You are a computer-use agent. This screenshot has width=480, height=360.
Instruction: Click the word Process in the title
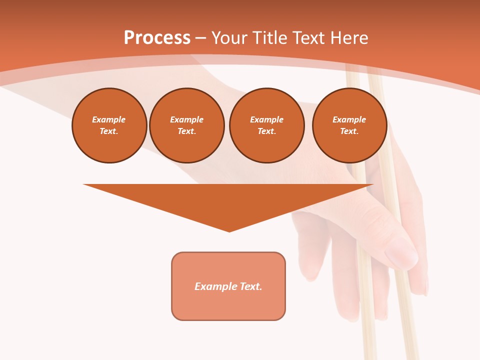[157, 38]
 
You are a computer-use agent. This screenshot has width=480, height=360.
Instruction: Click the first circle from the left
[109, 125]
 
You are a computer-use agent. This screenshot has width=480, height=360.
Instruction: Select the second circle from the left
[187, 125]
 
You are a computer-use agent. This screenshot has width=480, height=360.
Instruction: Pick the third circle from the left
[267, 125]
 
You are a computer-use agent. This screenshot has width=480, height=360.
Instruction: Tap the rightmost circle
[349, 125]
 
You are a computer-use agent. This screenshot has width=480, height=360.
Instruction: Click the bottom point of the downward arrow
[229, 231]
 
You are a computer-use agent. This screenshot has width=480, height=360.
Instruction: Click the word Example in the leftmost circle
[109, 119]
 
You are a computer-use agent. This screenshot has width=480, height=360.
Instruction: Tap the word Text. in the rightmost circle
[349, 131]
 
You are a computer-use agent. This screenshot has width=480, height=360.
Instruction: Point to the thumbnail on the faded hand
[401, 252]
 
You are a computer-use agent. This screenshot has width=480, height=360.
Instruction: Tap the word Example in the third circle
[267, 119]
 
